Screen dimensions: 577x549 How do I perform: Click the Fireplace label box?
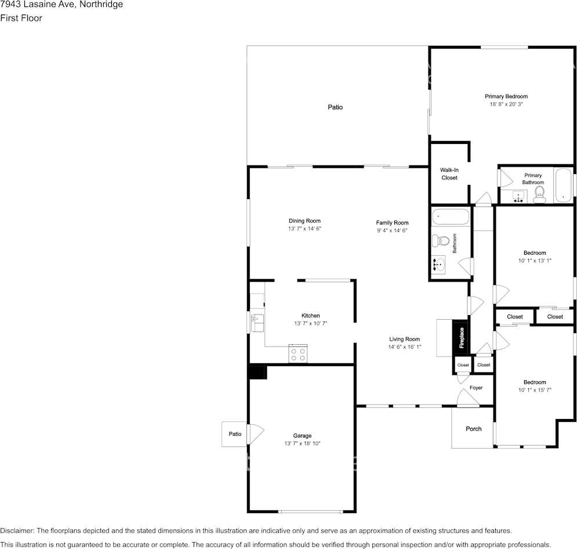pyautogui.click(x=462, y=338)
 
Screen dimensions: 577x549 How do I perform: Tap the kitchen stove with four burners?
pyautogui.click(x=297, y=353)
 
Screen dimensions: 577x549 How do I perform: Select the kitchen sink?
pyautogui.click(x=257, y=323)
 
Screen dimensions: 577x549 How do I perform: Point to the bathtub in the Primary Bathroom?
pyautogui.click(x=563, y=185)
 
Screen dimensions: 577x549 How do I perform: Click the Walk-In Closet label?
pyautogui.click(x=449, y=174)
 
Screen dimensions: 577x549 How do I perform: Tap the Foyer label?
pyautogui.click(x=476, y=388)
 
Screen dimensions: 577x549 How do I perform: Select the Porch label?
pyautogui.click(x=474, y=429)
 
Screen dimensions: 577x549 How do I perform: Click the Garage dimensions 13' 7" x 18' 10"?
pyautogui.click(x=302, y=443)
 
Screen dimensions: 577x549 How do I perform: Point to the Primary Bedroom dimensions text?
pyautogui.click(x=506, y=104)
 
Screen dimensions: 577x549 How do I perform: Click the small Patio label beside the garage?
pyautogui.click(x=235, y=434)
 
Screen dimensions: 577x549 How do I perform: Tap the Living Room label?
pyautogui.click(x=404, y=339)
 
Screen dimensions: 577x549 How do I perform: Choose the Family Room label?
pyautogui.click(x=392, y=222)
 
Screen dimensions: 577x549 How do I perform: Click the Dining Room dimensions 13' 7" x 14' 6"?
pyautogui.click(x=304, y=229)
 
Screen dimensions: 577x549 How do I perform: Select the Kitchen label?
pyautogui.click(x=311, y=316)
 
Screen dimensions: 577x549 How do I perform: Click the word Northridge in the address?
pyautogui.click(x=101, y=5)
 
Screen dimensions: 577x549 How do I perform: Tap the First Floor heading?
pyautogui.click(x=21, y=18)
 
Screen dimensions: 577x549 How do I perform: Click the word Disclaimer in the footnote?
pyautogui.click(x=17, y=530)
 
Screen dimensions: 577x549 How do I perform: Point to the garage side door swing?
pyautogui.click(x=256, y=435)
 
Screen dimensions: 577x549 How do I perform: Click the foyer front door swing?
pyautogui.click(x=467, y=398)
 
